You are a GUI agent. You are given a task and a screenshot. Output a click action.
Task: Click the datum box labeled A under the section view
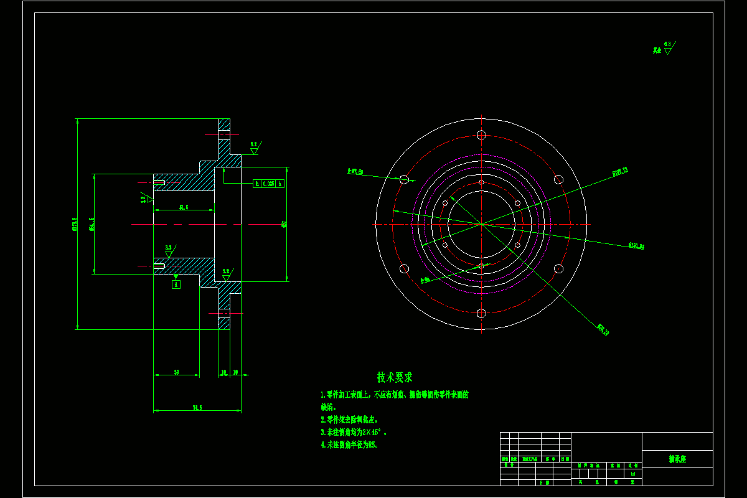(176, 284)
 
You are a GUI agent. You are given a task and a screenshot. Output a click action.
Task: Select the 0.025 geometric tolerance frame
(268, 184)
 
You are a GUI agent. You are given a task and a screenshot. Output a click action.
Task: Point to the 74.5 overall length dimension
(197, 408)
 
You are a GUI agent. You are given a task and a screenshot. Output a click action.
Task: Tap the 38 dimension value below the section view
(176, 372)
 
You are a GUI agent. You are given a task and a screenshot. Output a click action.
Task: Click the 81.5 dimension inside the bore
(184, 207)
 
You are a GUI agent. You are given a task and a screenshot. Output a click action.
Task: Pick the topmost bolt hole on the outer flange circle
(481, 134)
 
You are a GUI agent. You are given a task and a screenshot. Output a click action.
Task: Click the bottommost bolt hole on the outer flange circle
(481, 313)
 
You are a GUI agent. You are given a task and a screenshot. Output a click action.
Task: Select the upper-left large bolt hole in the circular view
(404, 179)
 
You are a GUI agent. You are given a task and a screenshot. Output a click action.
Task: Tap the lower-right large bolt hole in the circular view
(558, 268)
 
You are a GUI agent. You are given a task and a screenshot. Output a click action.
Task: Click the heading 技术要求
(394, 377)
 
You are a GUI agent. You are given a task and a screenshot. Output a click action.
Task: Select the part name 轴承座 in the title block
(677, 459)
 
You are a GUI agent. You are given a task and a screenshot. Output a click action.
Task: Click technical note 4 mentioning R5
(349, 445)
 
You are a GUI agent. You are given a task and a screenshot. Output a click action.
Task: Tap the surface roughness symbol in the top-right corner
(667, 49)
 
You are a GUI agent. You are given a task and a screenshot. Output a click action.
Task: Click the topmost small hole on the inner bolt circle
(481, 182)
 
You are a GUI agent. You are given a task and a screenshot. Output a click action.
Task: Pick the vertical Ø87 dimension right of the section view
(284, 224)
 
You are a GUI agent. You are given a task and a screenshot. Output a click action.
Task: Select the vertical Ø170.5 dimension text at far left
(74, 224)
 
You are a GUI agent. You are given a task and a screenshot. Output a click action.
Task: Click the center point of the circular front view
(481, 224)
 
